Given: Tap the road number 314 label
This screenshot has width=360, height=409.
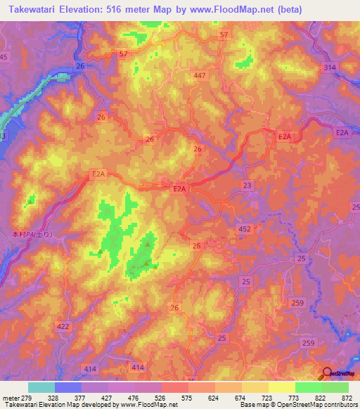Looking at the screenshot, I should [329, 67].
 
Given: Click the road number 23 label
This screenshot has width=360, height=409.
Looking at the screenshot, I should [247, 185].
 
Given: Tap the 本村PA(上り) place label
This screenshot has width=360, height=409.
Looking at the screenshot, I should [32, 234].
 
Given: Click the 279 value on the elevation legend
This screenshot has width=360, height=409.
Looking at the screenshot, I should [28, 398].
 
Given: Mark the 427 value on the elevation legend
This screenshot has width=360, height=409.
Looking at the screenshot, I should [108, 398].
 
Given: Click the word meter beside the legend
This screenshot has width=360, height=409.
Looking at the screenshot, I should [10, 398].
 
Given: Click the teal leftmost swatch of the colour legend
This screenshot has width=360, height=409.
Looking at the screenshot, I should [41, 387].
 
